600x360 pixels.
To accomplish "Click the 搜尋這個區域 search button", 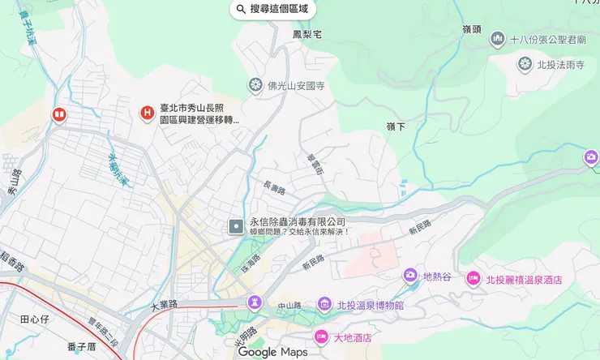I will click(272, 9).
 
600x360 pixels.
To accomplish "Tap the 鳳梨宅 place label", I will click(307, 34).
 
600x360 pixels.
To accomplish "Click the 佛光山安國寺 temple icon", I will click(255, 84).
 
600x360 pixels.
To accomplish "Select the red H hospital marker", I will click(147, 112).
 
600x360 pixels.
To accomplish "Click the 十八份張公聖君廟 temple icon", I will click(497, 38).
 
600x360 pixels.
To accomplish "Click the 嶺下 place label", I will click(396, 126).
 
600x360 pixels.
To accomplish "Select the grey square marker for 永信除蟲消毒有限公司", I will click(235, 226).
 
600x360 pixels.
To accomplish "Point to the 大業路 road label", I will click(164, 306).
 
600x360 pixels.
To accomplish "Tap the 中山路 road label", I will click(289, 306).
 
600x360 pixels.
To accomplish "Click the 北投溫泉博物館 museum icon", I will click(324, 305).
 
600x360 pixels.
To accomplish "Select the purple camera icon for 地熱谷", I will click(410, 276).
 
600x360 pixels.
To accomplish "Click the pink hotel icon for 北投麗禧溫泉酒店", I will click(473, 280).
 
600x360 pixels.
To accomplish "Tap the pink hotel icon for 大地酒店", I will click(321, 336).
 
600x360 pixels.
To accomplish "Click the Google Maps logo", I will click(273, 352).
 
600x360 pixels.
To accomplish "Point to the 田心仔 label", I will click(35, 319).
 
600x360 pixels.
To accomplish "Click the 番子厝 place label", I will click(82, 347).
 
